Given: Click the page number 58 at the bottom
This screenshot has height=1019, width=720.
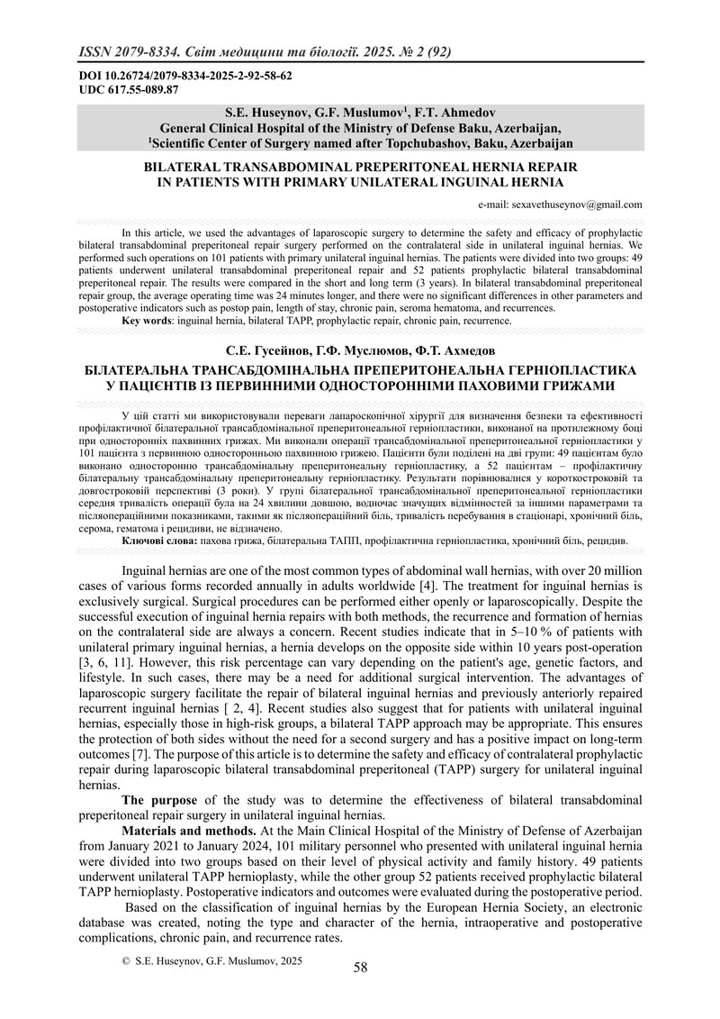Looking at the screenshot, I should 360,968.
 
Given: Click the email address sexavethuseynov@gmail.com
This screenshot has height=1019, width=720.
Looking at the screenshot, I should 573,205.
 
